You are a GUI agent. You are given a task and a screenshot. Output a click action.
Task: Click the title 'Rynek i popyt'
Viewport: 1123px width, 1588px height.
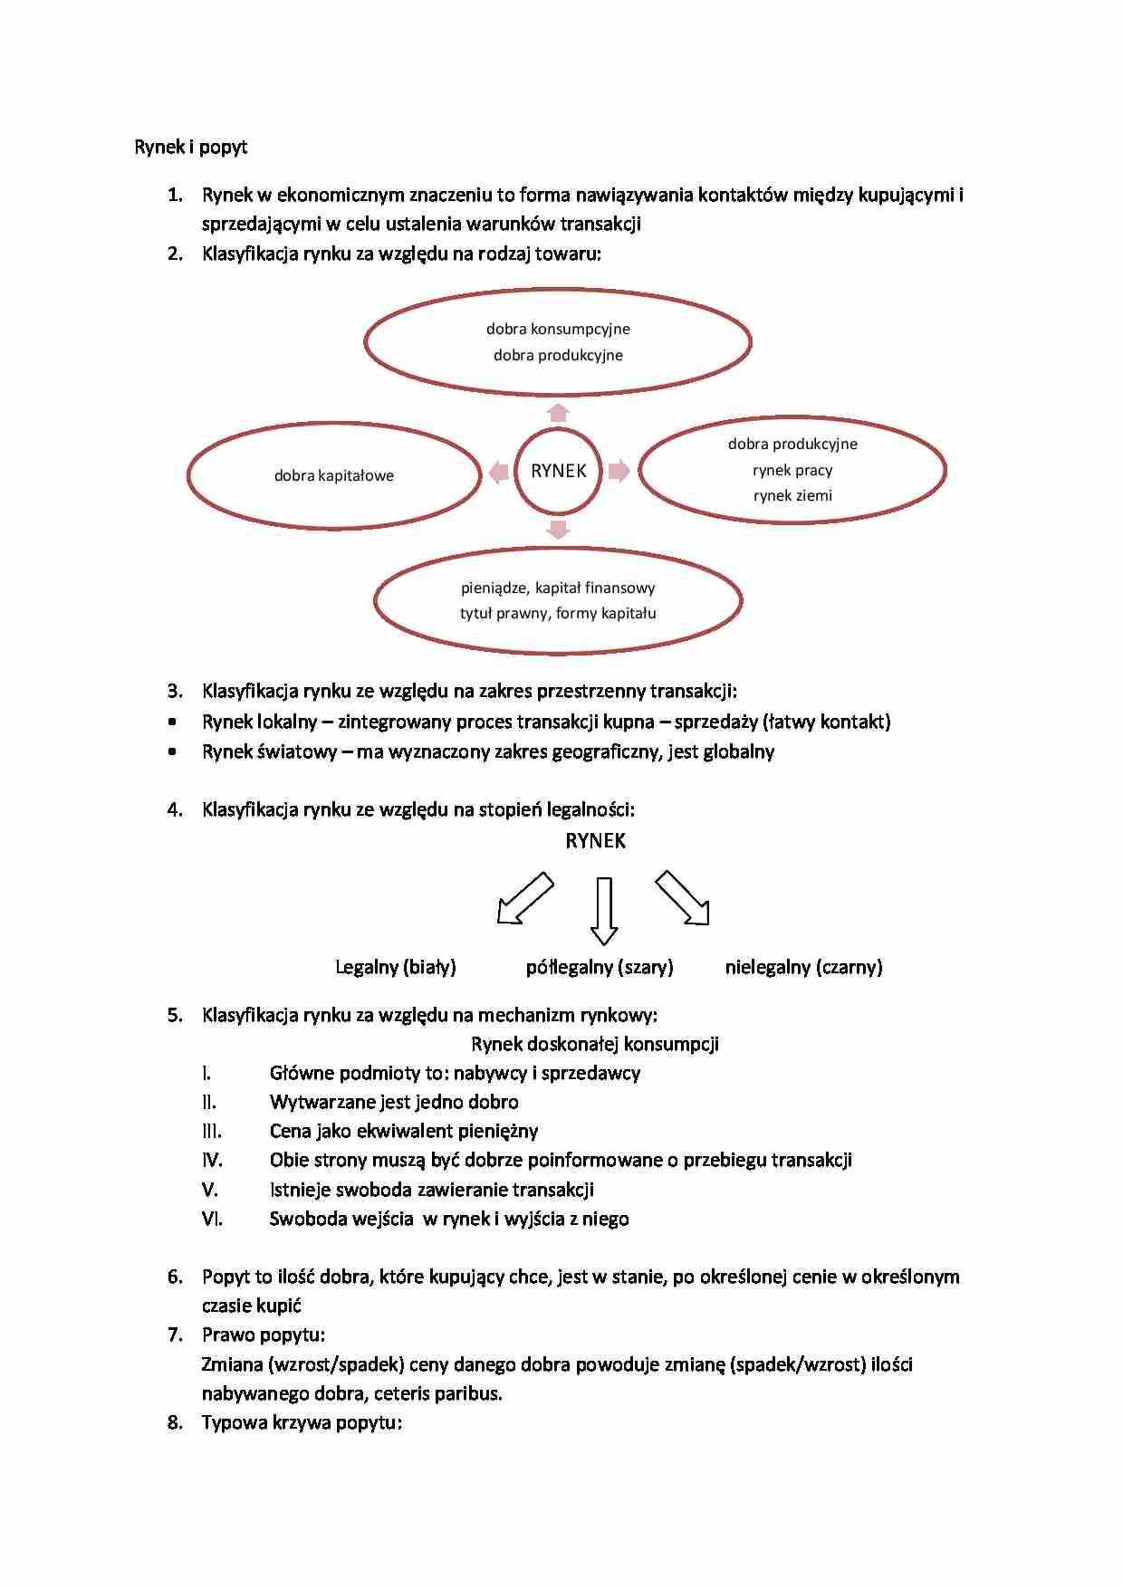click(190, 147)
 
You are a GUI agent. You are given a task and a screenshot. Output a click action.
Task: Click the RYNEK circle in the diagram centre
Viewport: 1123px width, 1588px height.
click(558, 471)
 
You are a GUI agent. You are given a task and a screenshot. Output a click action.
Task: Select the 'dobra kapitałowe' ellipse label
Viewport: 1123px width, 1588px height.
click(334, 475)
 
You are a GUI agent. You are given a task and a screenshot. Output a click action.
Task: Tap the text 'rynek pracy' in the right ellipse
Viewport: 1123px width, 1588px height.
click(792, 470)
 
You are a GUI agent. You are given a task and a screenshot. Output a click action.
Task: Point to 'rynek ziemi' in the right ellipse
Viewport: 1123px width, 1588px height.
click(792, 495)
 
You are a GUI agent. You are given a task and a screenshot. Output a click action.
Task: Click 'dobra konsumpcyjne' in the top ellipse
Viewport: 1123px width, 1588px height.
click(558, 329)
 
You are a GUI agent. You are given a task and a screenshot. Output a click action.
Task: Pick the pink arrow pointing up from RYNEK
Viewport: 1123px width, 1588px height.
click(558, 413)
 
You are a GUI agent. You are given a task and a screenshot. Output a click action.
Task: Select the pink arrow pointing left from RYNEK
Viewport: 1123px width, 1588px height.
click(498, 472)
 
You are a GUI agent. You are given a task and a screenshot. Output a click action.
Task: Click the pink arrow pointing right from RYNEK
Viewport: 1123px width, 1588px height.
click(619, 471)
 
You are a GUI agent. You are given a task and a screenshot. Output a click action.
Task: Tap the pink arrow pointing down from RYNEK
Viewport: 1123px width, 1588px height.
click(558, 530)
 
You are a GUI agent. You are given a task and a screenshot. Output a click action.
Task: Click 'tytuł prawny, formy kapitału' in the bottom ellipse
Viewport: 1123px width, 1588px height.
click(558, 613)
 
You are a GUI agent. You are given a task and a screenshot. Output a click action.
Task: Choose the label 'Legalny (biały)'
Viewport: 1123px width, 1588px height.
click(396, 967)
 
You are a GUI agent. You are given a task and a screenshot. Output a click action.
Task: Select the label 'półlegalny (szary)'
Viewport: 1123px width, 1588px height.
click(600, 967)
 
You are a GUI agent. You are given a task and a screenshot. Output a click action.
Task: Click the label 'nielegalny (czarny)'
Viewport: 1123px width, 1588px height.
click(803, 967)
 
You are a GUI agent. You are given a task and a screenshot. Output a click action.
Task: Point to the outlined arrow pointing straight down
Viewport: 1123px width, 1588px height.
click(604, 911)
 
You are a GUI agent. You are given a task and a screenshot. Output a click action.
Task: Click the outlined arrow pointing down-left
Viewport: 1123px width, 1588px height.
click(524, 899)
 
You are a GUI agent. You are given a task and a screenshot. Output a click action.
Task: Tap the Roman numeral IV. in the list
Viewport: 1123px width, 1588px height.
click(212, 1160)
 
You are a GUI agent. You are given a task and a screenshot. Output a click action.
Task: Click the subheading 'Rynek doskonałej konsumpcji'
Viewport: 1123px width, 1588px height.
click(595, 1044)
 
